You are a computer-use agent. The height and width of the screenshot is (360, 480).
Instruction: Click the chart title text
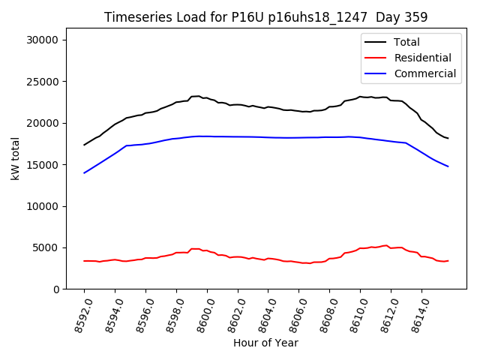click(x=265, y=17)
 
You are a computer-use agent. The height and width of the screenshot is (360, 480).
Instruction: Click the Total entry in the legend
click(x=408, y=42)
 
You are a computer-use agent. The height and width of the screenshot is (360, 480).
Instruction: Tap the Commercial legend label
click(x=425, y=73)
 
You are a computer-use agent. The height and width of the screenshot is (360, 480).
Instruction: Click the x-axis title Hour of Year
click(x=265, y=343)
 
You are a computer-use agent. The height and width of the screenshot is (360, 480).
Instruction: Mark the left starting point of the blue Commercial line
click(x=85, y=173)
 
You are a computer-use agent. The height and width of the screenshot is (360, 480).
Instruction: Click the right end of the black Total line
click(x=448, y=138)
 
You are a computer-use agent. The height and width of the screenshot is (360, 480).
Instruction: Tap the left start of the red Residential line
click(x=85, y=261)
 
